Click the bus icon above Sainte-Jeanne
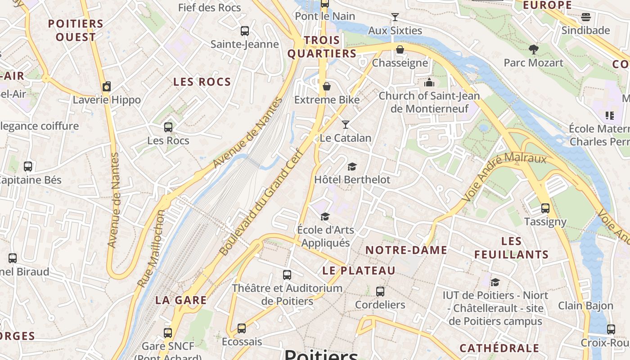[x=245, y=31]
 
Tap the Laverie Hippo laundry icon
[x=107, y=86]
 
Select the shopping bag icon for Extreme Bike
[x=327, y=86]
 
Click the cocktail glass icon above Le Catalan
[x=346, y=124]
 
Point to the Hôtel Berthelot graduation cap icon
[x=352, y=166]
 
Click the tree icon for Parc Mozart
[x=534, y=49]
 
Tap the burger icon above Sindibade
[x=585, y=17]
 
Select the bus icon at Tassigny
[x=545, y=208]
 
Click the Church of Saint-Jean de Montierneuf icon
[x=429, y=83]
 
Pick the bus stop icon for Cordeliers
[x=380, y=292]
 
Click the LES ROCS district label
[x=202, y=82]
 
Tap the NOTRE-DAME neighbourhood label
[x=406, y=250]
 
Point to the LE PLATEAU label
[x=359, y=270]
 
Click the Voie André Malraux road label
[x=504, y=177]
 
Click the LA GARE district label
[x=181, y=300]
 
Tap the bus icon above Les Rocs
[x=168, y=127]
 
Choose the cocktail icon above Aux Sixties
[x=395, y=17]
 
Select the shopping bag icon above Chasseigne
[x=400, y=49]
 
